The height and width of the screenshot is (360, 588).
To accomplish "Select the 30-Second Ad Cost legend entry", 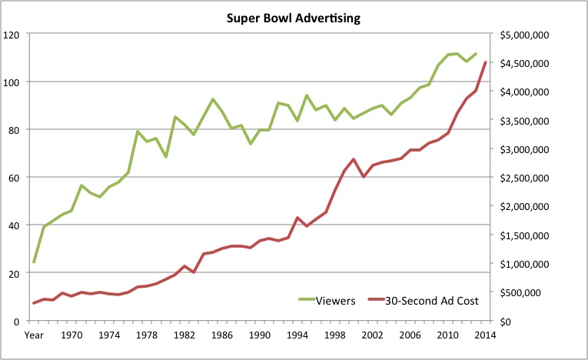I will coord(424,301).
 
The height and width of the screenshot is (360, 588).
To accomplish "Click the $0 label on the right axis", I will coord(506,321).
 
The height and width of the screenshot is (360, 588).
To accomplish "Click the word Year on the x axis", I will coord(34,336).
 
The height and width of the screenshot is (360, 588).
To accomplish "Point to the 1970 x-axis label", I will coord(71,336).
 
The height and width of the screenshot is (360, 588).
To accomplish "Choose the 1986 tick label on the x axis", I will coord(222,336).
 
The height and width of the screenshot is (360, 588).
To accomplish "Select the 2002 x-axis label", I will coord(373,336).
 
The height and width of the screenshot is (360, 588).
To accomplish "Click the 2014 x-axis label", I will coord(486,336).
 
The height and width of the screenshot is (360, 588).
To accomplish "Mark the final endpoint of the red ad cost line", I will coord(486,62).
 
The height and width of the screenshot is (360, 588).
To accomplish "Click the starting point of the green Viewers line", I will coord(34,262).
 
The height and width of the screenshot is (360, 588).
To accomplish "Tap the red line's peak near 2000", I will coord(354,159).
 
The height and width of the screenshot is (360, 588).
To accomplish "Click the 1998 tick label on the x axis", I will coord(335,336).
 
